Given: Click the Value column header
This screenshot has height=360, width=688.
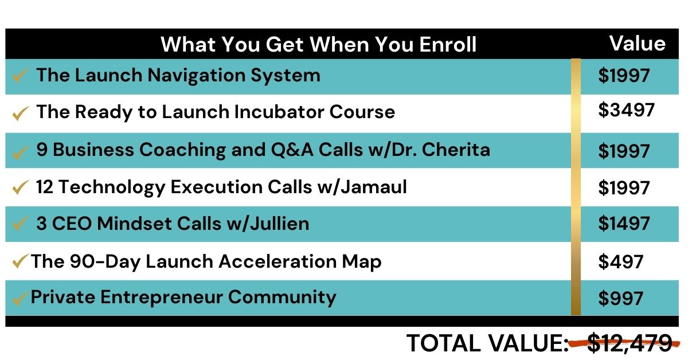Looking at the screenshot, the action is click(638, 44).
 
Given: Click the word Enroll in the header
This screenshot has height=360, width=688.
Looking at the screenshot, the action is click(448, 45).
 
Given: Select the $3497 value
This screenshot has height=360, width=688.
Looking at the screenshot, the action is click(626, 110).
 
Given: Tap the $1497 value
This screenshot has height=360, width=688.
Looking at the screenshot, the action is click(624, 224).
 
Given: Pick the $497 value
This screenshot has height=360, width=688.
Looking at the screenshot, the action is click(620, 262).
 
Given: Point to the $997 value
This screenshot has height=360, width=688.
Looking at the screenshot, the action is click(620, 298).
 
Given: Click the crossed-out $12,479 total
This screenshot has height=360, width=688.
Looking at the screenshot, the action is click(630, 343).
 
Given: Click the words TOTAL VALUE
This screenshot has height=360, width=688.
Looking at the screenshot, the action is click(488, 343).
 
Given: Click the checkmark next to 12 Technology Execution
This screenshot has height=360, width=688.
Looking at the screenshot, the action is click(21, 187).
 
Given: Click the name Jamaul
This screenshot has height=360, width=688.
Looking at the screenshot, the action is click(374, 187).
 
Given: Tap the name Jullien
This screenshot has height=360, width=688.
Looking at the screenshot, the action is click(280, 224).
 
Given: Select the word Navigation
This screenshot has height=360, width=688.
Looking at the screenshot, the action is click(196, 76).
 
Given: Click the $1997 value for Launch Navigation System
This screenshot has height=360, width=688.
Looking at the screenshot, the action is click(624, 75).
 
